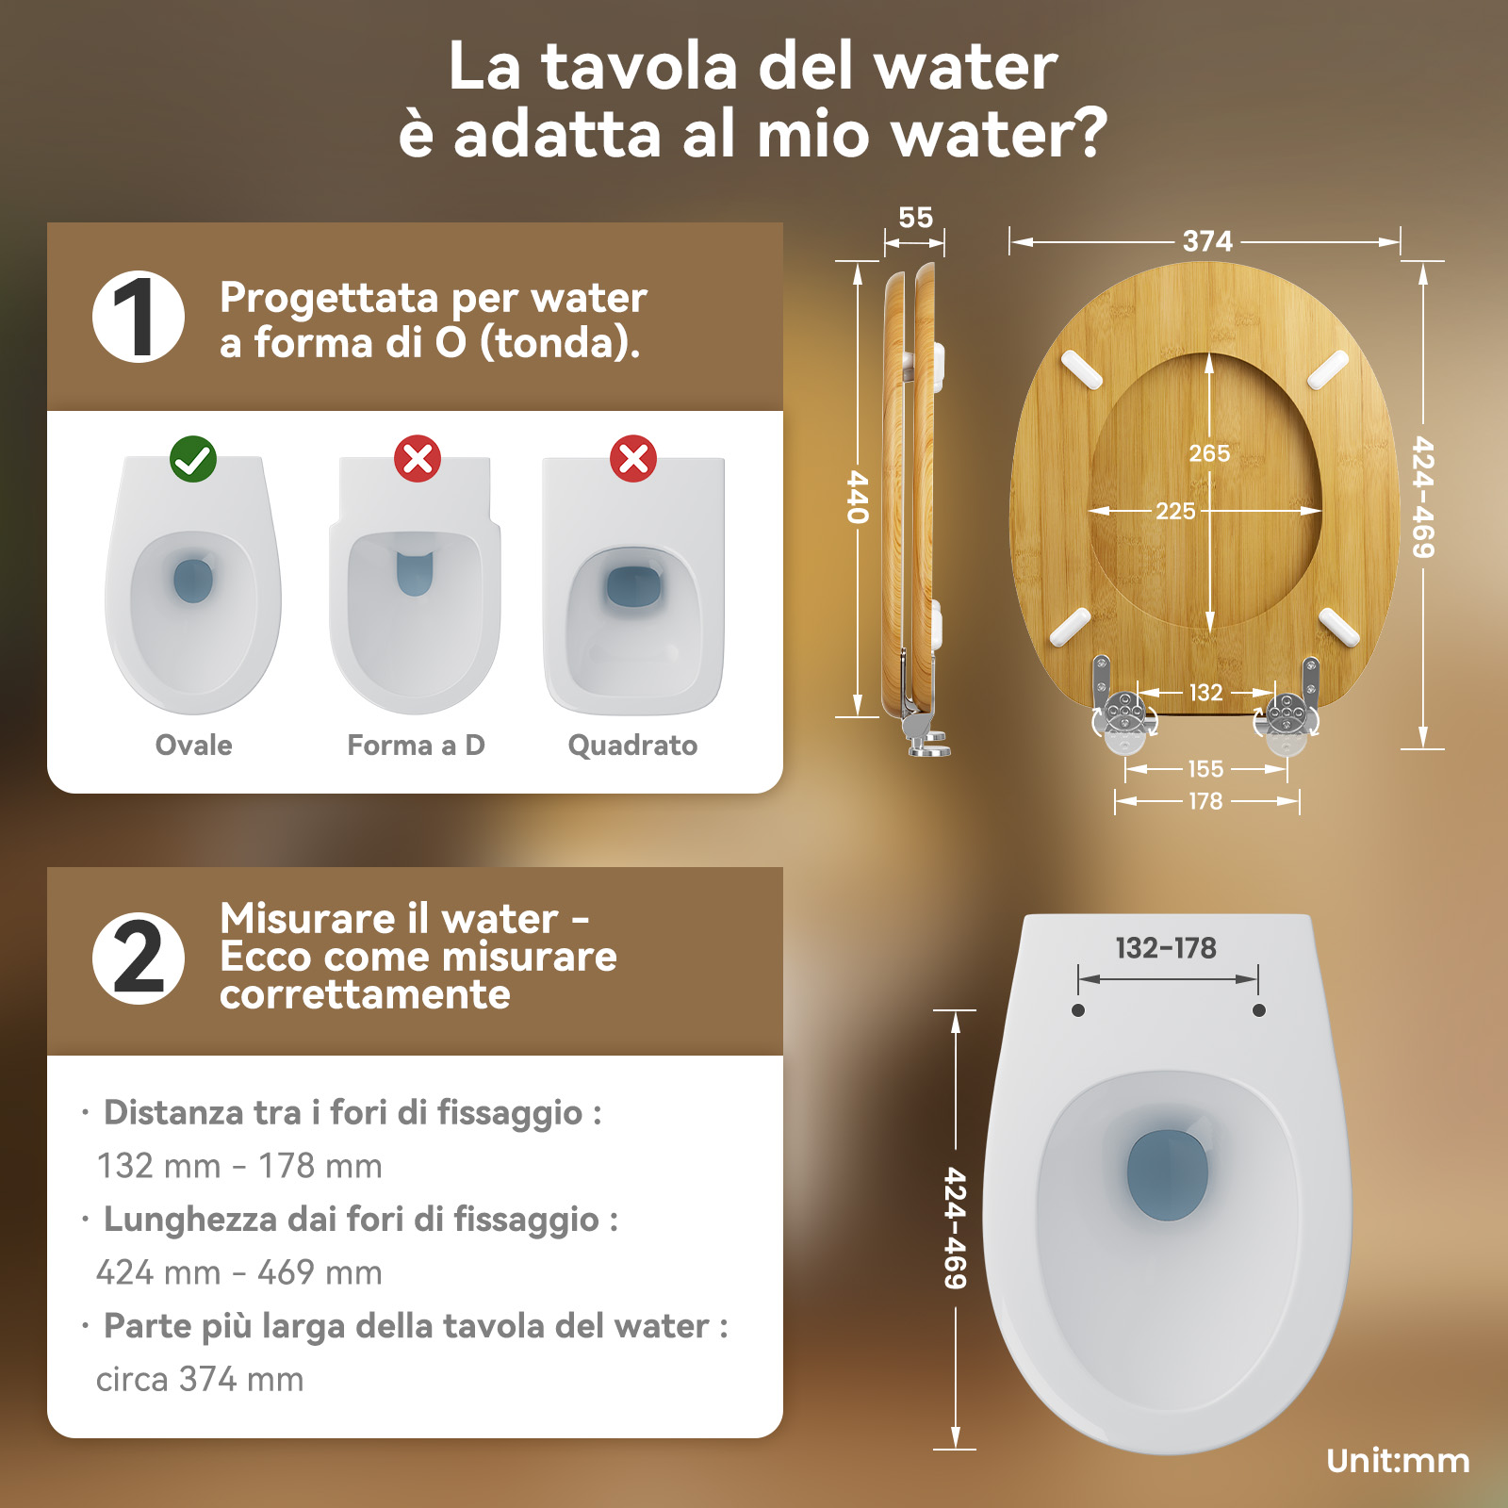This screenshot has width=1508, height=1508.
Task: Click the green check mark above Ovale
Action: pos(193,459)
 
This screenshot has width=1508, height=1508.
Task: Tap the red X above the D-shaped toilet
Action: pos(418,459)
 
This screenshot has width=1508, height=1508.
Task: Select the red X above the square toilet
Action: pos(633,459)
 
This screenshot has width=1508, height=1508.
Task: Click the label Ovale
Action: pos(193,746)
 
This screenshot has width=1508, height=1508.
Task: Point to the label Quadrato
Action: pos(632,746)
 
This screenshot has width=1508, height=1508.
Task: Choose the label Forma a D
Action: pos(416,746)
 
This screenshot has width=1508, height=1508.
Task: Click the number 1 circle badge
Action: pos(139,317)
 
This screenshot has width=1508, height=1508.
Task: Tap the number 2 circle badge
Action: pos(139,958)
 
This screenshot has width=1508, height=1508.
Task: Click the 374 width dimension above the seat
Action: pos(1207,241)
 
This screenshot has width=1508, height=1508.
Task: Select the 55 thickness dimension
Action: pos(915,218)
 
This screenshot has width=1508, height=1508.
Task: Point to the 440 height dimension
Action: pos(857,497)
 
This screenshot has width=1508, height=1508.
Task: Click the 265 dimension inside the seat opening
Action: pos(1209,453)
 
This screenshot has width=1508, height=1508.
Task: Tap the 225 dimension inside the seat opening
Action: pos(1175,511)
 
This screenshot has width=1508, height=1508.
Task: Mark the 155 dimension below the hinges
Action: pos(1205,769)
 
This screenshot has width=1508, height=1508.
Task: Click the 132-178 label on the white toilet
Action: pos(1166,948)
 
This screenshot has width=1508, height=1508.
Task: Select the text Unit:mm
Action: pos(1398,1461)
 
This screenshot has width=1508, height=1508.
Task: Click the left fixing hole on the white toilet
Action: pos(1078,1010)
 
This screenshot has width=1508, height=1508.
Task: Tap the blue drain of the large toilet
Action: pos(1168,1175)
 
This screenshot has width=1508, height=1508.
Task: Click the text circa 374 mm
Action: pos(200,1380)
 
